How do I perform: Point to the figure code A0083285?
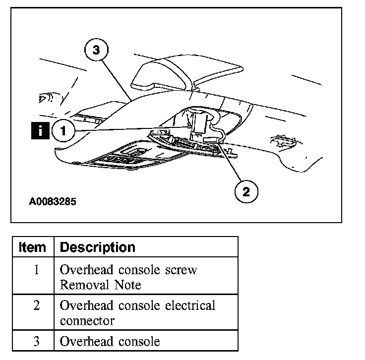(x=52, y=202)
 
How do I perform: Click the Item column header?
(x=33, y=247)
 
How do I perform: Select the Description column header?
(x=97, y=247)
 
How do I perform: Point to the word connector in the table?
(x=87, y=320)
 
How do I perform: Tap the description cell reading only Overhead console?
(x=110, y=341)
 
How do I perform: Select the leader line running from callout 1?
(x=134, y=129)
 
